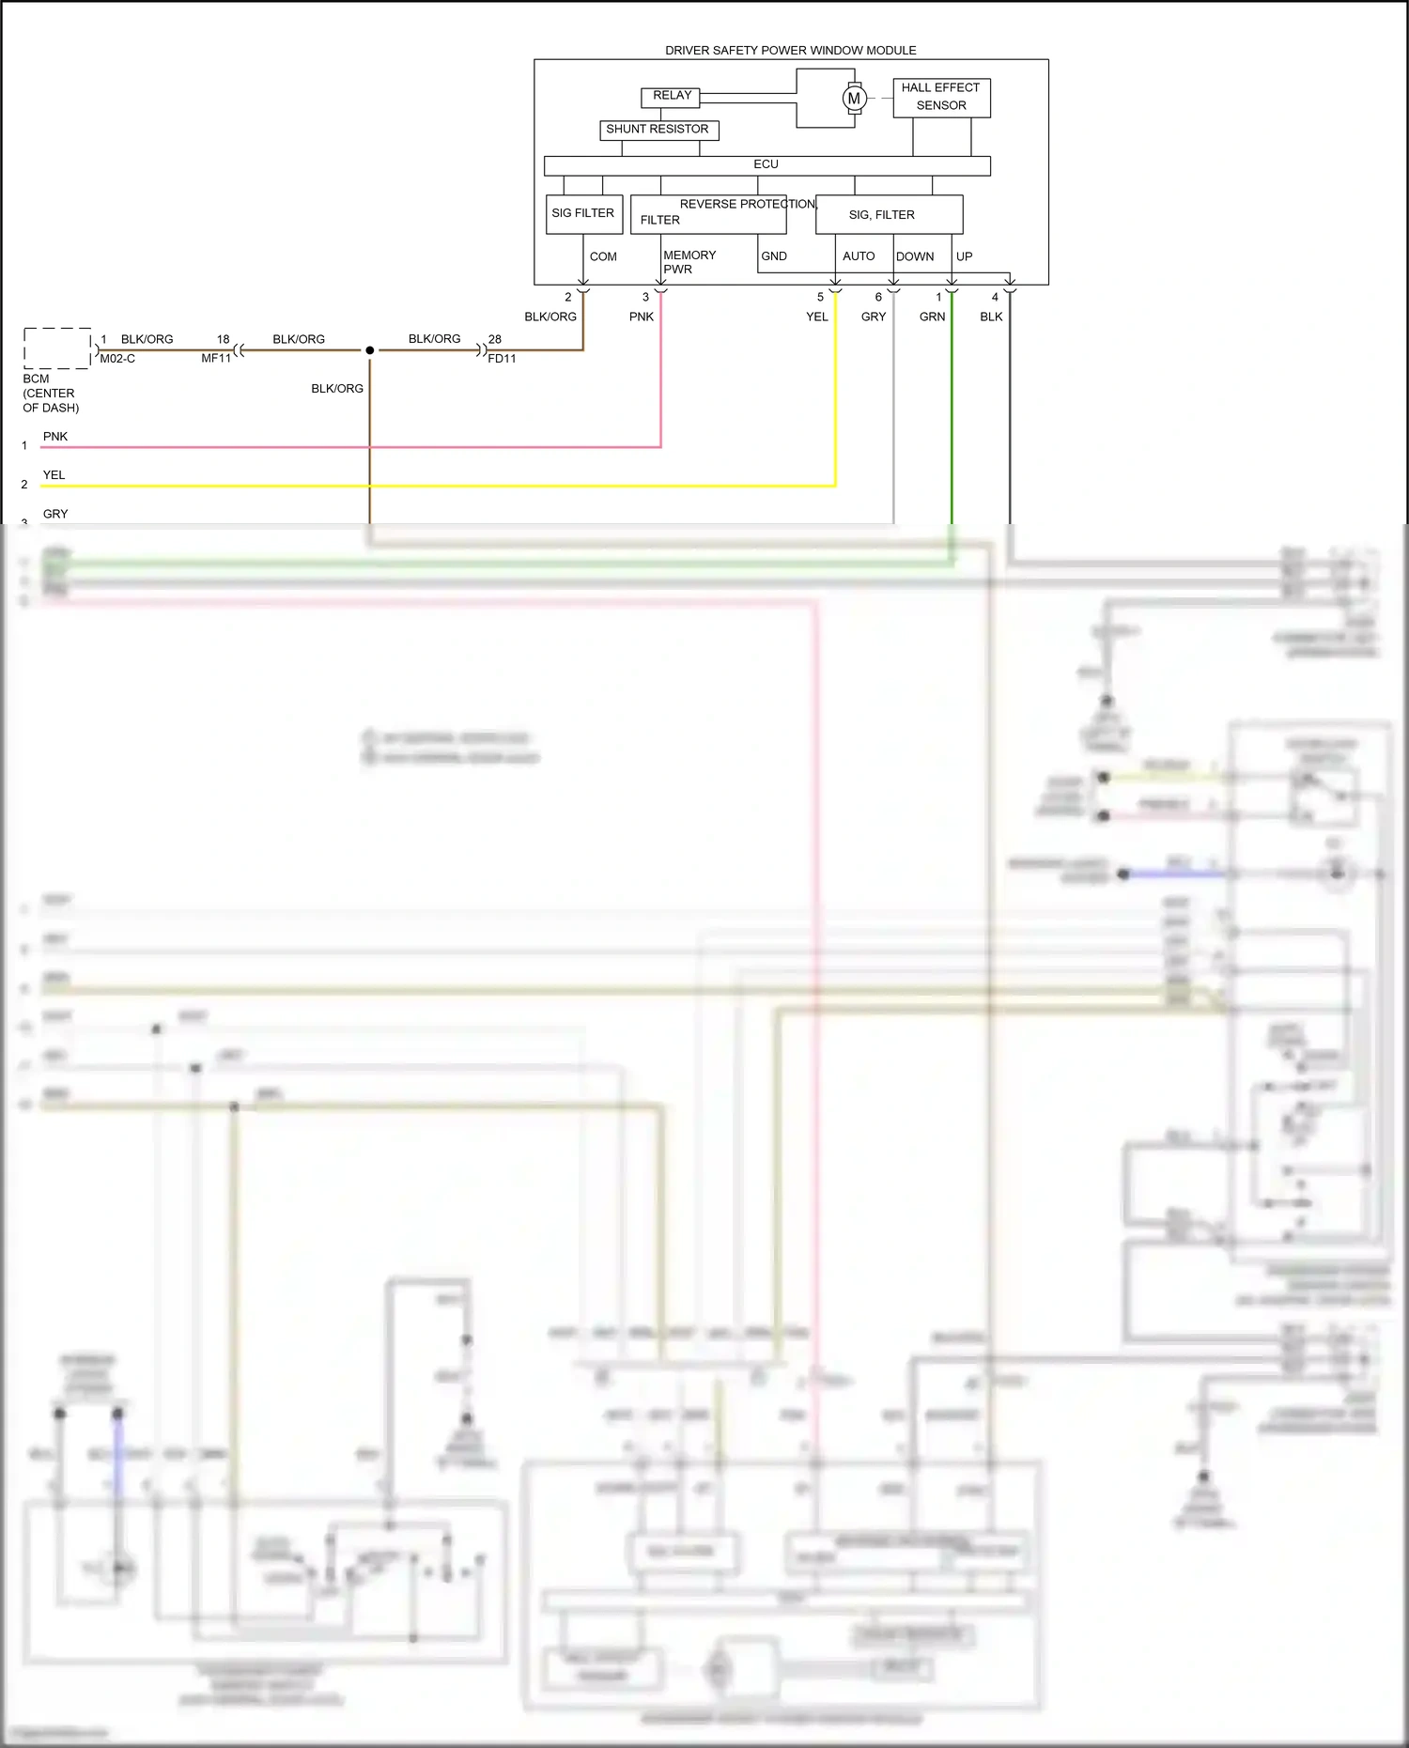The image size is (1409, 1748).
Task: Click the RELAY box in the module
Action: click(x=671, y=97)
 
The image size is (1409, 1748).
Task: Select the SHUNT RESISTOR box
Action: click(x=658, y=130)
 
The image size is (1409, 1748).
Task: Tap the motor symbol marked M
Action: click(x=854, y=98)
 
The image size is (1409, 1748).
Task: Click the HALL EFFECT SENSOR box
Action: click(x=940, y=98)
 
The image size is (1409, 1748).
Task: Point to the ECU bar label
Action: click(x=766, y=164)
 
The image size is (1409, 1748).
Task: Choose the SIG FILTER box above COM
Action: click(x=583, y=214)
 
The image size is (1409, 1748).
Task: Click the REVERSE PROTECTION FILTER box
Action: click(x=708, y=214)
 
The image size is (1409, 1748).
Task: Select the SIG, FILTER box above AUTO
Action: click(x=889, y=215)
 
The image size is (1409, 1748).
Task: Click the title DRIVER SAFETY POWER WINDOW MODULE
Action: click(x=790, y=51)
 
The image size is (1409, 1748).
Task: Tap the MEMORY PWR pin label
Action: click(x=689, y=262)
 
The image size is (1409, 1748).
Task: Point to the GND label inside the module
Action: click(x=774, y=256)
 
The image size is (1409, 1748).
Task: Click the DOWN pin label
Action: click(x=914, y=256)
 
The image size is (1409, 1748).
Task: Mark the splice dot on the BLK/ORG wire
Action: click(x=370, y=350)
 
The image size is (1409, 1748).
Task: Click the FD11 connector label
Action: click(x=502, y=359)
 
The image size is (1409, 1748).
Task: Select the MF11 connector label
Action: click(x=216, y=359)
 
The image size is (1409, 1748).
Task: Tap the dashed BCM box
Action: click(x=57, y=348)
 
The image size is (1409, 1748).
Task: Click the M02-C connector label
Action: click(x=117, y=359)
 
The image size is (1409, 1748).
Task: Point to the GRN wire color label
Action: click(x=932, y=317)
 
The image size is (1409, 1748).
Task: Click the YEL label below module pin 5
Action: click(x=816, y=317)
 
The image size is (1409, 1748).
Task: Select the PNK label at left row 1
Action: click(x=55, y=437)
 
